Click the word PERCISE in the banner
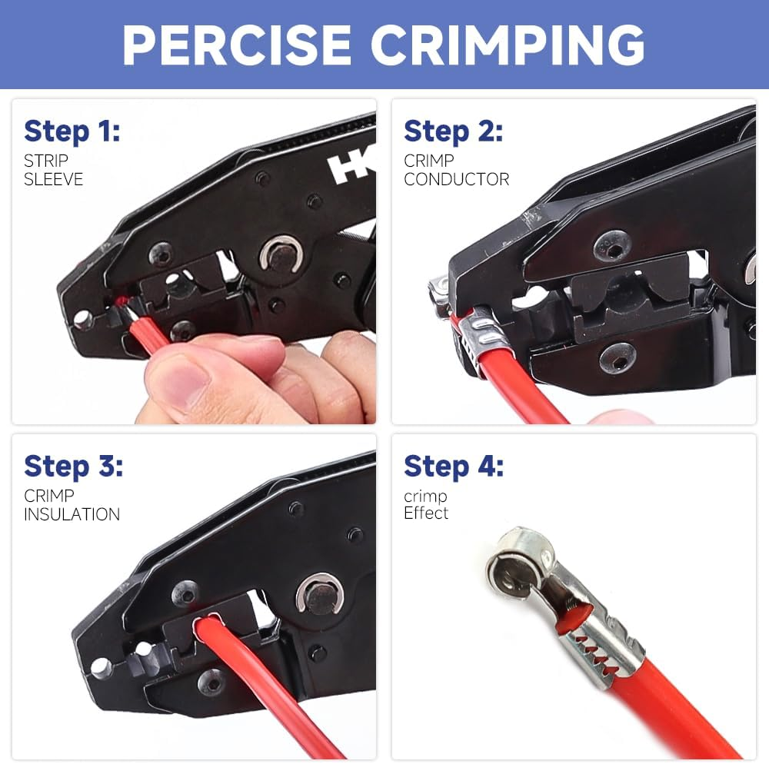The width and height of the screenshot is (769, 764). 238,45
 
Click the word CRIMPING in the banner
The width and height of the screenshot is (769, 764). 508,45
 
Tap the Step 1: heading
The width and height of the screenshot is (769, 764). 72,131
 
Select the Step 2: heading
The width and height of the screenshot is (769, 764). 453,131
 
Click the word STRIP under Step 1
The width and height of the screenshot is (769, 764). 46,161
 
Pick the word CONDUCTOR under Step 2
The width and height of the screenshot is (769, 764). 457,180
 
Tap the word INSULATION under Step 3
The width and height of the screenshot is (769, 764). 72,514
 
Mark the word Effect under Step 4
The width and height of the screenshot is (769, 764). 426,513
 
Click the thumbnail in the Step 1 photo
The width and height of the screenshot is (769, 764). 178,378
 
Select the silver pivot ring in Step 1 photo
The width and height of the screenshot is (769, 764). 281,254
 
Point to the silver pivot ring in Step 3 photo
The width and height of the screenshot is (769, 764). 319,596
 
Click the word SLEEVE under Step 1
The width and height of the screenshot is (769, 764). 53,180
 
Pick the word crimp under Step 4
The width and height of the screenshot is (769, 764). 425,497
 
